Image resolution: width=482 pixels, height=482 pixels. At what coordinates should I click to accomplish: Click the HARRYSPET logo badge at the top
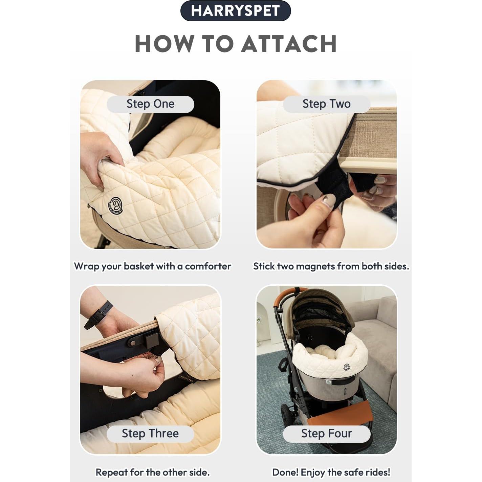pyautogui.click(x=235, y=11)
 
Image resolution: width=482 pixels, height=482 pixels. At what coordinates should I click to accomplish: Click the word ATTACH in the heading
pyautogui.click(x=289, y=44)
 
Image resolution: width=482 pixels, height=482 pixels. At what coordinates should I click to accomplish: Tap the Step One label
pyautogui.click(x=150, y=104)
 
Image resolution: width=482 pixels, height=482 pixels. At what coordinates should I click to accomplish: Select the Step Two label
pyautogui.click(x=326, y=104)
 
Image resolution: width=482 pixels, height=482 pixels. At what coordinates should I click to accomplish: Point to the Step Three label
pyautogui.click(x=150, y=434)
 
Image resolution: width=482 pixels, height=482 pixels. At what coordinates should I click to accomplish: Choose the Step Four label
pyautogui.click(x=326, y=434)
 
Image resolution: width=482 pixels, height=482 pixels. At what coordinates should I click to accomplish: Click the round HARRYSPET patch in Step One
pyautogui.click(x=115, y=205)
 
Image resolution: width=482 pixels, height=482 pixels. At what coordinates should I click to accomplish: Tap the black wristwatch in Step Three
pyautogui.click(x=99, y=314)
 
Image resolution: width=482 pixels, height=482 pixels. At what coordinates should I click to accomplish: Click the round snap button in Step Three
pyautogui.click(x=132, y=343)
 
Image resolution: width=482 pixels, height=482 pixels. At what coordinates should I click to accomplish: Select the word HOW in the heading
pyautogui.click(x=165, y=44)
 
